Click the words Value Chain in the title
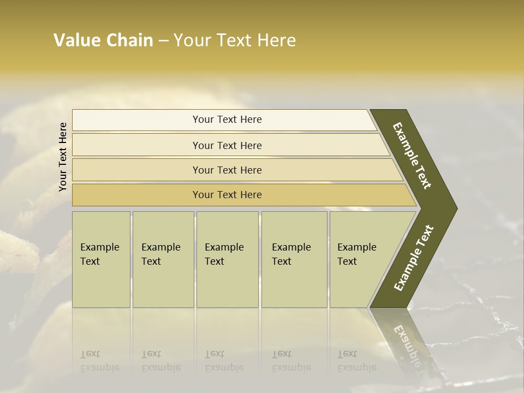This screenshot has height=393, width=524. [103, 40]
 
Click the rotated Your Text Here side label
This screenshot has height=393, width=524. [63, 157]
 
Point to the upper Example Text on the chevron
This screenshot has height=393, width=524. [412, 156]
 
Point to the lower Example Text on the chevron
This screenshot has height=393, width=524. [413, 258]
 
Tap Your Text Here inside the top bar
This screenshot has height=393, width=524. [227, 120]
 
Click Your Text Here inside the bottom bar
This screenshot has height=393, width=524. [227, 195]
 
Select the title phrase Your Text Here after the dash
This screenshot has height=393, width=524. [235, 40]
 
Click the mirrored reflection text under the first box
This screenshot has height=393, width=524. [99, 361]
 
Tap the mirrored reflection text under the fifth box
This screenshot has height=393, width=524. [356, 361]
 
